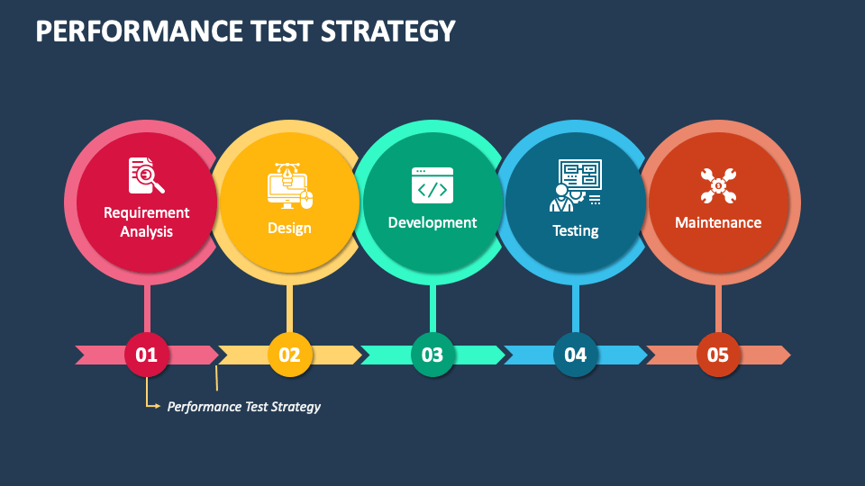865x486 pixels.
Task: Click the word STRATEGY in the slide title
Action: click(387, 31)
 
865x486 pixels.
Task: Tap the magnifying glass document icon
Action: click(146, 175)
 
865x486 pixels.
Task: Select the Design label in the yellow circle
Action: click(289, 228)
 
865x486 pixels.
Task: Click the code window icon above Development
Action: click(432, 185)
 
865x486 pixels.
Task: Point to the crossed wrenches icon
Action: click(718, 185)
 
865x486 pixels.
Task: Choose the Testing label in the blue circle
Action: click(576, 230)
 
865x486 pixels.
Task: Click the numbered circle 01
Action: click(147, 355)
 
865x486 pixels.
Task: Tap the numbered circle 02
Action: click(289, 355)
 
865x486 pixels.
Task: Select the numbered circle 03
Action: click(432, 355)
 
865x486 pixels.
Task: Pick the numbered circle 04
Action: click(576, 355)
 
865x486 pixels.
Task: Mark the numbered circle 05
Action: click(718, 355)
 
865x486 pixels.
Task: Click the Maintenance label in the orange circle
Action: click(718, 222)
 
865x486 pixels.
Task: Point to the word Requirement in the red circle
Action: click(147, 212)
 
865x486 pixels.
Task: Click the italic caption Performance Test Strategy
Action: click(244, 407)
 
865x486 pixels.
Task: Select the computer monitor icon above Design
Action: click(289, 185)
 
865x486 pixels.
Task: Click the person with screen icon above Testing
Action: click(576, 185)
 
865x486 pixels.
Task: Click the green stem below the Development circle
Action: click(432, 309)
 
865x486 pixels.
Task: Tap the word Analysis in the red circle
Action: click(147, 231)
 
